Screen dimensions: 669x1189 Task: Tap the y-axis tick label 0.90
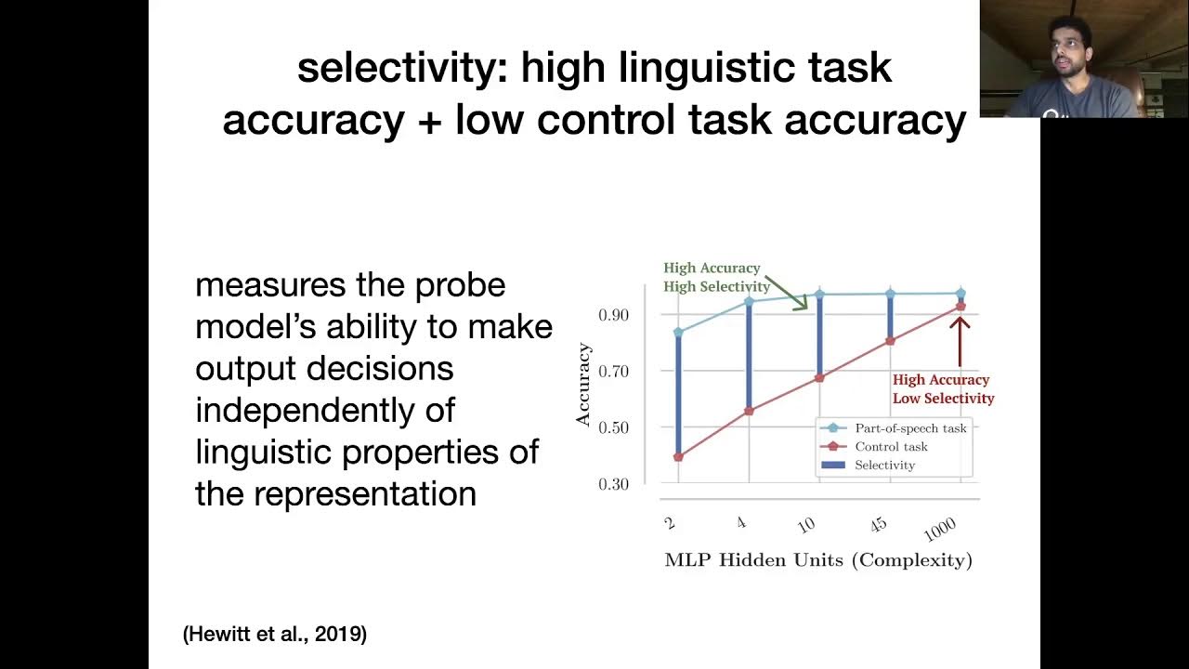click(614, 315)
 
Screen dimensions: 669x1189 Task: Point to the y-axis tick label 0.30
click(614, 484)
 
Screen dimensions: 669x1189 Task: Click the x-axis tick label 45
click(878, 526)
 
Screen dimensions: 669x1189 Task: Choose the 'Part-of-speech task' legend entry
click(910, 428)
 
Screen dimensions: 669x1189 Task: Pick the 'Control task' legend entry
click(891, 447)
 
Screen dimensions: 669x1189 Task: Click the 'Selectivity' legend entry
click(884, 465)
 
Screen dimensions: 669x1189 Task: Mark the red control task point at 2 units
click(678, 457)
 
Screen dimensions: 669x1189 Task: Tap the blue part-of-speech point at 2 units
click(678, 332)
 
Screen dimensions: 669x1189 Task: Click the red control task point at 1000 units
click(960, 306)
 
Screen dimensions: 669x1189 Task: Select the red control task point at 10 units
click(819, 378)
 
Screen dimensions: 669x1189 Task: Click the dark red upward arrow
click(960, 340)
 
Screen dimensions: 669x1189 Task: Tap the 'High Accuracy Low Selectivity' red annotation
click(943, 389)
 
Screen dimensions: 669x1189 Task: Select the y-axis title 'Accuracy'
click(583, 384)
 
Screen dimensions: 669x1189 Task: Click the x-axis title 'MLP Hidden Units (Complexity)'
click(818, 560)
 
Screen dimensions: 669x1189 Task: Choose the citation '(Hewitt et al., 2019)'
click(275, 635)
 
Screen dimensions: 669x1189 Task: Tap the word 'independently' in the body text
click(325, 410)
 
